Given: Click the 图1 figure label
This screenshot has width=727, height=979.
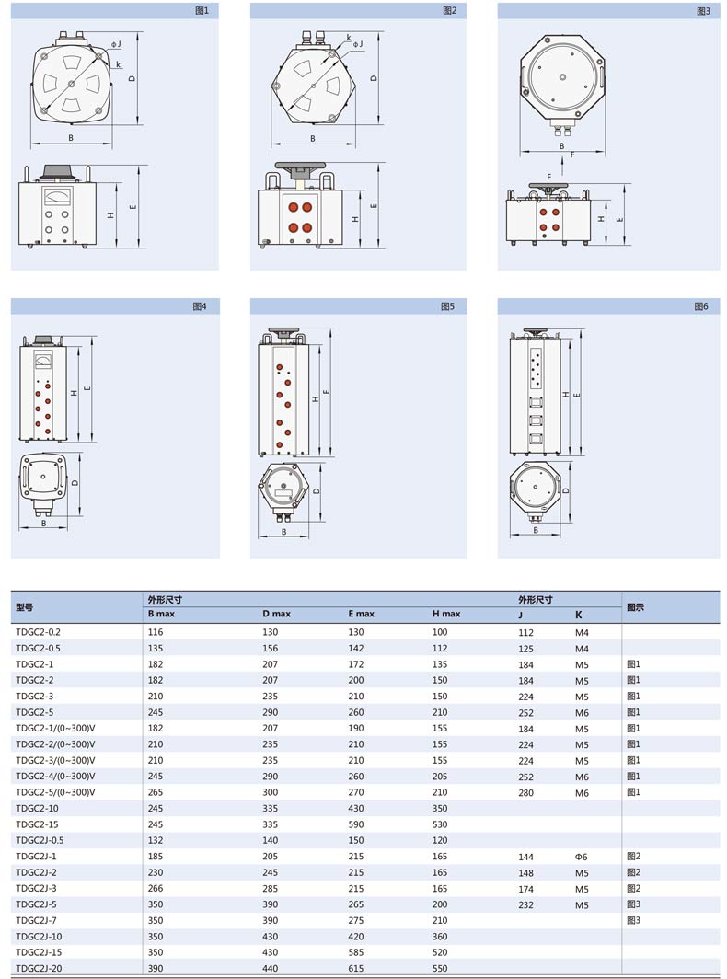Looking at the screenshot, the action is tap(202, 11).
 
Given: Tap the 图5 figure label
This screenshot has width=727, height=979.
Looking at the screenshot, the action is tap(448, 305).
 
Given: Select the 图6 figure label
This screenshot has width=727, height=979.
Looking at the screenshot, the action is tap(701, 305).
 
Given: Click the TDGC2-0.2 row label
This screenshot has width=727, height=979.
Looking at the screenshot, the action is tap(38, 632).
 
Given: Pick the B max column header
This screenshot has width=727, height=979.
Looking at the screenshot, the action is tap(161, 614).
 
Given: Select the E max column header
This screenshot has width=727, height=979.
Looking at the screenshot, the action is tap(361, 614).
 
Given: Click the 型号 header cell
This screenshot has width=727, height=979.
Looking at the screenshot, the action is tap(24, 607).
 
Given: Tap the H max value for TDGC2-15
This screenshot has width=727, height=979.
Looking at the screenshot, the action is tap(440, 824).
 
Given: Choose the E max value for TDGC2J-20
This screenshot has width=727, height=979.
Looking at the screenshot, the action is tap(355, 968).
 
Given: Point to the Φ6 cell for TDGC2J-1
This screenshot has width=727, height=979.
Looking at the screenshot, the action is tap(581, 857).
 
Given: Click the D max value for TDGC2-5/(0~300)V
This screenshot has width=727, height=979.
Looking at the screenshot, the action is tap(270, 791).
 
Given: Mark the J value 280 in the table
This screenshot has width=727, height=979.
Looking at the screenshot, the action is tap(525, 793).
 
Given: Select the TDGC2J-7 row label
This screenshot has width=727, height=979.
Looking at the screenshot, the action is tap(36, 920).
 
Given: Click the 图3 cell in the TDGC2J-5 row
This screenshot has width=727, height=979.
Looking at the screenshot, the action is tap(633, 904).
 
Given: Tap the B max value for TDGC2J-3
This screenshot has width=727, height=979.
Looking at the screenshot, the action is tap(156, 888).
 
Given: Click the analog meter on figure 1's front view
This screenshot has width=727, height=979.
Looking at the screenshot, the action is tap(57, 197).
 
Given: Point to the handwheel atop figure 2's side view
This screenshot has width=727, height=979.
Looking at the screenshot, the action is tap(300, 168).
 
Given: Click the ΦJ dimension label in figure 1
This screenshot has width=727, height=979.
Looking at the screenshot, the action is tap(116, 44).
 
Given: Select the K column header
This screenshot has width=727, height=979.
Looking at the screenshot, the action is tap(578, 615).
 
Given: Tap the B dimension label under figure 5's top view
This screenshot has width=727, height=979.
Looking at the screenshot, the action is tap(283, 532).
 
